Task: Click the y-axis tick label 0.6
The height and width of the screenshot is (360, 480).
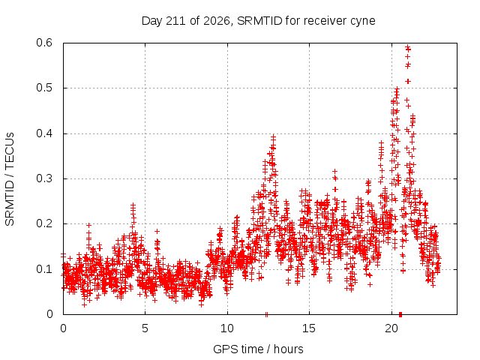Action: click(x=44, y=43)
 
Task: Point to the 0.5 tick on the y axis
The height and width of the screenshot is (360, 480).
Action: click(x=44, y=88)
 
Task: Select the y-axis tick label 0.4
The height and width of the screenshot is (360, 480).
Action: click(x=44, y=133)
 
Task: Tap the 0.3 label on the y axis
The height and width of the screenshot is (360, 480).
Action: click(x=44, y=178)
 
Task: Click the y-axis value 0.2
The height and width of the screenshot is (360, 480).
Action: click(x=44, y=223)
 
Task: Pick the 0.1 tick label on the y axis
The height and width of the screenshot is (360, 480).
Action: click(x=44, y=269)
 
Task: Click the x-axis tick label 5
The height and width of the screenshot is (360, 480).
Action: click(x=145, y=328)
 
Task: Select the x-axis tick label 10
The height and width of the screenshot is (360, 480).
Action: click(x=227, y=328)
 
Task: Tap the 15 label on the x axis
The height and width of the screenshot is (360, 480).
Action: click(x=309, y=328)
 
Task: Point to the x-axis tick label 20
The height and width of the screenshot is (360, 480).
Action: click(x=391, y=328)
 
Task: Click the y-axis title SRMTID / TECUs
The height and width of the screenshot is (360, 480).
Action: click(x=10, y=179)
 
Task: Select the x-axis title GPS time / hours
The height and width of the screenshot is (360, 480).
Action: click(x=258, y=349)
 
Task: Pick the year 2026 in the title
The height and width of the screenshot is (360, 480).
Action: click(x=217, y=21)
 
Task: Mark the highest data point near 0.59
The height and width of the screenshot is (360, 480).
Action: click(x=407, y=46)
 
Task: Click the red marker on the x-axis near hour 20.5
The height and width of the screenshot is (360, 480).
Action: click(x=400, y=314)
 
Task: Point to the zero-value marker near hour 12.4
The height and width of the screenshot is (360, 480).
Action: click(x=267, y=314)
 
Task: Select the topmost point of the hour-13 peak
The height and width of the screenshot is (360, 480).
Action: click(x=273, y=136)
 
